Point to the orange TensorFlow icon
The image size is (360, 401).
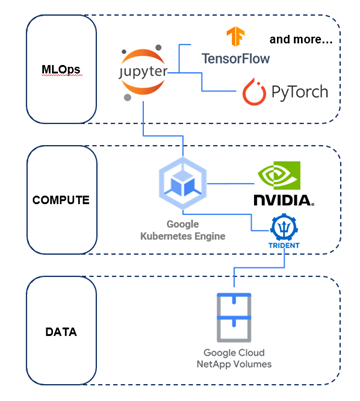click(x=235, y=38)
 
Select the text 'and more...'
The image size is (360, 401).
click(x=300, y=40)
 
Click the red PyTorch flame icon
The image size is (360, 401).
click(x=254, y=94)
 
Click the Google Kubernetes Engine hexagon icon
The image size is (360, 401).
click(x=182, y=184)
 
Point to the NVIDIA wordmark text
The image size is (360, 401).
click(x=282, y=199)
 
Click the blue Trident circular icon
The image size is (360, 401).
click(x=285, y=229)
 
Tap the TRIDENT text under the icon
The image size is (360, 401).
click(x=285, y=247)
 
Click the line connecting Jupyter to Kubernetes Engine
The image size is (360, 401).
click(x=144, y=125)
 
